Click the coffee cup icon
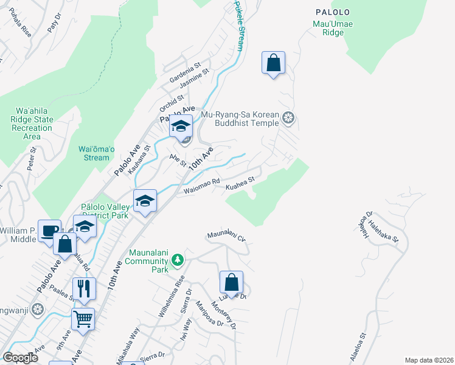[x=49, y=231]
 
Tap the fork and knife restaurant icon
[x=84, y=288]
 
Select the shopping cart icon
[x=83, y=318]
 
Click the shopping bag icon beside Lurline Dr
[x=231, y=283]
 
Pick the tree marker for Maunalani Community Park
[x=178, y=260]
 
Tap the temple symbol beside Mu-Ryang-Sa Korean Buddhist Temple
[x=289, y=118]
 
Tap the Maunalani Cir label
[x=226, y=235]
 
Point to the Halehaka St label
[x=386, y=232]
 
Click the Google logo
[x=21, y=357]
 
